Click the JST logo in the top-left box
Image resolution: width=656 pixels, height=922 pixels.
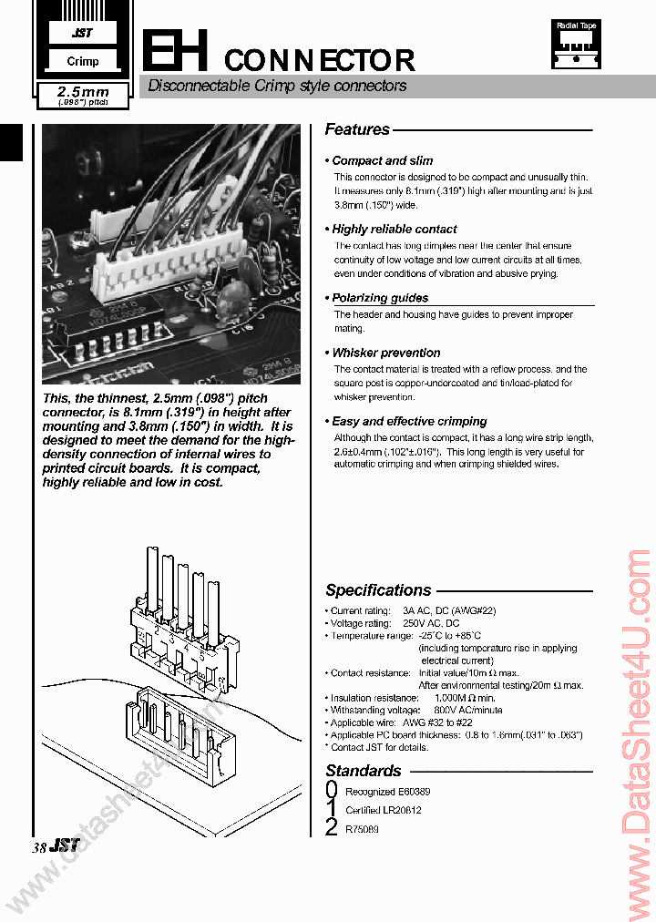pyautogui.click(x=83, y=34)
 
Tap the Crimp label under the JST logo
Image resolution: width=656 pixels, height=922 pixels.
pyautogui.click(x=83, y=62)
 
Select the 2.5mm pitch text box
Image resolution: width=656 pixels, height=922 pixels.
pyautogui.click(x=83, y=96)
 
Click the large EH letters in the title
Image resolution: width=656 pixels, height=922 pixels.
pyautogui.click(x=179, y=51)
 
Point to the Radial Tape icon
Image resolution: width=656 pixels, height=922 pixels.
pyautogui.click(x=576, y=45)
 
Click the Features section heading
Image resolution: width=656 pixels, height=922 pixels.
pyautogui.click(x=357, y=130)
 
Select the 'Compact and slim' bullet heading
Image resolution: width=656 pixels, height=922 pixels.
pyautogui.click(x=382, y=160)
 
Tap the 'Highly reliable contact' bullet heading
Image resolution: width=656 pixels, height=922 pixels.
pyautogui.click(x=394, y=229)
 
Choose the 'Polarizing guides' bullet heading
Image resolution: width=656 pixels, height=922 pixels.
pyautogui.click(x=379, y=298)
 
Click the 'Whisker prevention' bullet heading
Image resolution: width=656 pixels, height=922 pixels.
pyautogui.click(x=385, y=353)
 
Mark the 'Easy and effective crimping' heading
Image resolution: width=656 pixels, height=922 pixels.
pyautogui.click(x=409, y=421)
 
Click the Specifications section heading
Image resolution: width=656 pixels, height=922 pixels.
pyautogui.click(x=378, y=590)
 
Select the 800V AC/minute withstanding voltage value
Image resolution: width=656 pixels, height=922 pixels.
pyautogui.click(x=467, y=710)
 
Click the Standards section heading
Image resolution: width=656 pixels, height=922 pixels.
pyautogui.click(x=364, y=771)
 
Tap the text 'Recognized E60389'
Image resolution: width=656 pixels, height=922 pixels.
pyautogui.click(x=387, y=792)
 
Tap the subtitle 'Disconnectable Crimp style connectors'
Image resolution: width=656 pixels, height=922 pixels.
pyautogui.click(x=277, y=87)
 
